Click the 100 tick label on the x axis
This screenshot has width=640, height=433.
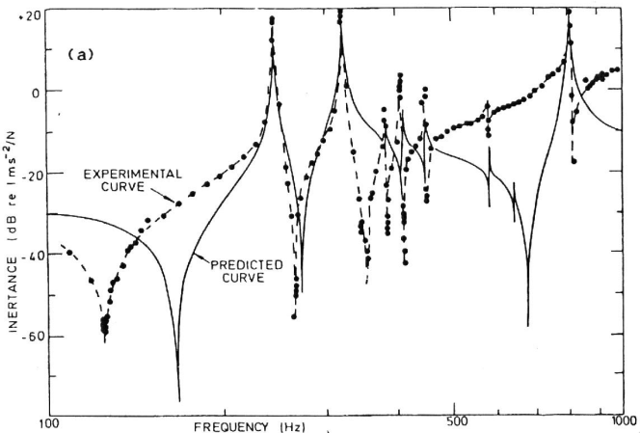pyautogui.click(x=50, y=421)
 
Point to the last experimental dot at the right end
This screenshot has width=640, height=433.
pyautogui.click(x=618, y=68)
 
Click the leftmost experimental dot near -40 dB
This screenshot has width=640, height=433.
pyautogui.click(x=68, y=253)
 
